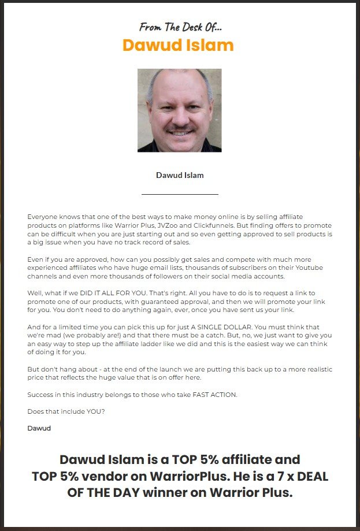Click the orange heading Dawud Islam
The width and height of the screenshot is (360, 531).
(178, 45)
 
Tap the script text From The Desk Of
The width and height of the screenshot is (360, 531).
(180, 27)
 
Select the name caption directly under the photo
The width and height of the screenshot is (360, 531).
(180, 175)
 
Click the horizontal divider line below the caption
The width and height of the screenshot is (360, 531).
(180, 194)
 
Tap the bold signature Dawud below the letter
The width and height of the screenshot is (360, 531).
(39, 428)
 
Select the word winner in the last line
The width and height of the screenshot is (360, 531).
(176, 493)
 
